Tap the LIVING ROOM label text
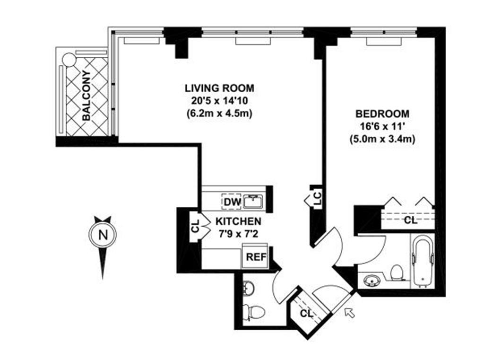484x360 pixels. click(219, 88)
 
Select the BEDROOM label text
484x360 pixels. click(382, 114)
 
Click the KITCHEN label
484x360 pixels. click(238, 221)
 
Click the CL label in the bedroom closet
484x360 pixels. click(410, 220)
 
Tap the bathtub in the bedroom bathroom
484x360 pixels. click(422, 262)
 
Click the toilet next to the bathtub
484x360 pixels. click(397, 273)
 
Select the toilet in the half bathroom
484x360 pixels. click(255, 312)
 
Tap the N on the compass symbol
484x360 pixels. click(103, 235)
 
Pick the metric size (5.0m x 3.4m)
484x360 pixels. click(382, 140)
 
